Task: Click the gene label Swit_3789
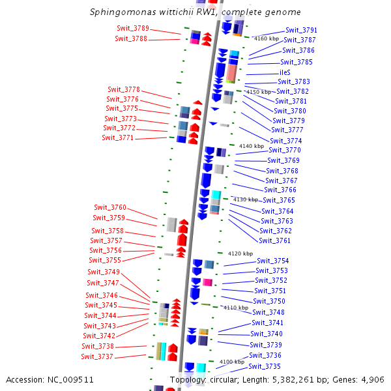click(x=132, y=28)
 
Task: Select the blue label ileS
click(x=285, y=72)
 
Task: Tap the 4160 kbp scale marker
click(x=267, y=38)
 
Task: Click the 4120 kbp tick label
click(x=240, y=253)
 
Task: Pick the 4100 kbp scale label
click(x=231, y=361)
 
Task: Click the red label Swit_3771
click(x=117, y=138)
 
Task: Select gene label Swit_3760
click(x=109, y=207)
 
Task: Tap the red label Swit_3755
click(x=105, y=260)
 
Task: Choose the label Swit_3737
click(x=97, y=356)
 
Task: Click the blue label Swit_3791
click(x=301, y=30)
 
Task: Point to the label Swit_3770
click(x=284, y=150)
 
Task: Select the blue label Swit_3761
click(x=274, y=240)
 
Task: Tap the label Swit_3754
click(x=272, y=261)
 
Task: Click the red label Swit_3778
click(x=123, y=89)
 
